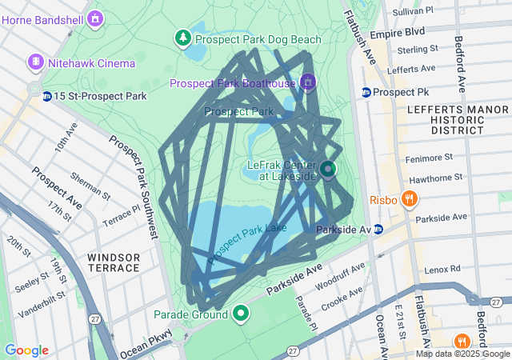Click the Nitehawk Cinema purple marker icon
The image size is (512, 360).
point(35,62)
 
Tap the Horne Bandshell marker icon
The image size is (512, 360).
point(96,17)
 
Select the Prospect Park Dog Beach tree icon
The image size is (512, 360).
point(184,38)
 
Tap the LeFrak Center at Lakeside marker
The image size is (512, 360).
point(329,169)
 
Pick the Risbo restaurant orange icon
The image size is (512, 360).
point(409,199)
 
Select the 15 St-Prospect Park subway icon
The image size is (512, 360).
point(47,96)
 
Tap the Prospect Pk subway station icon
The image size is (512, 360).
point(366,92)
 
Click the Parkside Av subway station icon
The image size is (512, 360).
point(378,230)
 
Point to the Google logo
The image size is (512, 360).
point(26,350)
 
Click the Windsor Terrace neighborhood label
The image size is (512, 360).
point(114,262)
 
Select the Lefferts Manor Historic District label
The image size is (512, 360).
point(446,118)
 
